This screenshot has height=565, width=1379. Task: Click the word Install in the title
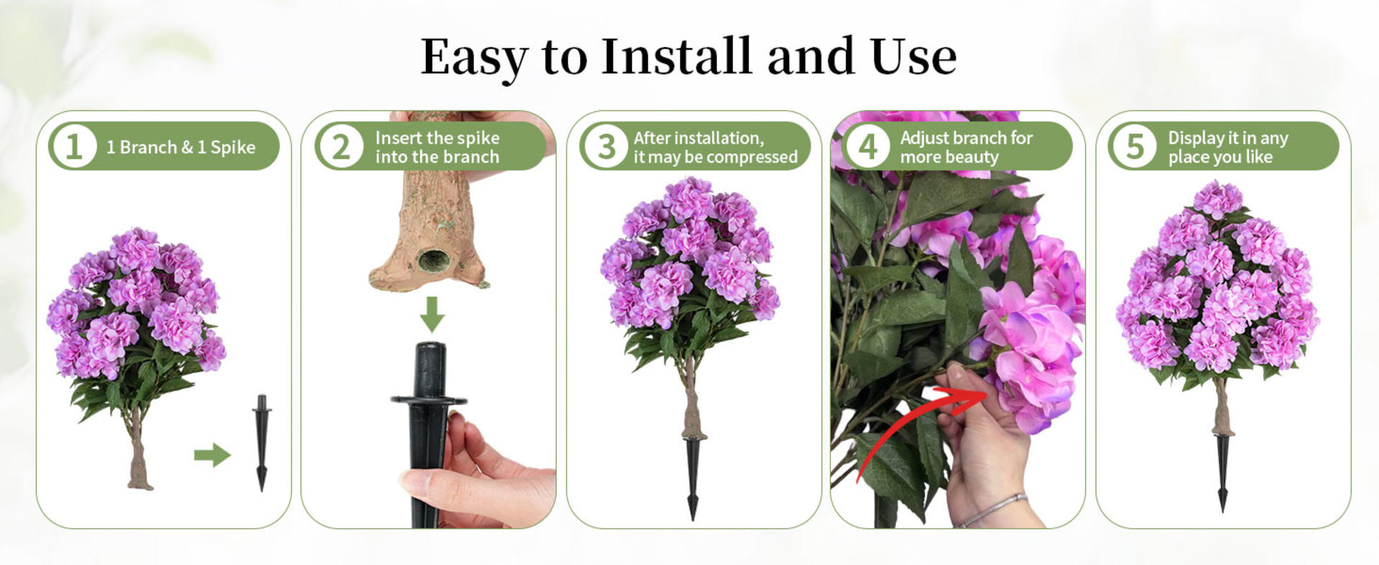pos(676,57)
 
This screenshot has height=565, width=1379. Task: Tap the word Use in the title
pos(913,57)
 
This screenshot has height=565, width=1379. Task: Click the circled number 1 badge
pos(73,146)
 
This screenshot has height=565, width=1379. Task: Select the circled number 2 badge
pos(340,146)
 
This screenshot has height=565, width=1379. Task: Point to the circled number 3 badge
pos(606,146)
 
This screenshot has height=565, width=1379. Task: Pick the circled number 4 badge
pos(868,146)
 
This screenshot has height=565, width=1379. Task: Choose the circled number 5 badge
pos(1135,146)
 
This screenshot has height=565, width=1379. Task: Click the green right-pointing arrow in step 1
pos(212,454)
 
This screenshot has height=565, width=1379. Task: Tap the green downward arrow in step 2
pos(432,314)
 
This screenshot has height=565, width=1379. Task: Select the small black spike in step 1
pos(261,442)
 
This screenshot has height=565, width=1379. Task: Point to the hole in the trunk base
pos(433,260)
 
